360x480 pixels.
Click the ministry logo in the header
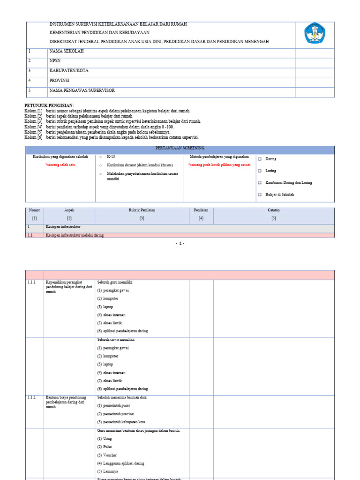coord(314,34)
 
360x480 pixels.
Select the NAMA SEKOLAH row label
coord(66,51)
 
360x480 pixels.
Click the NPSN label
coord(55,61)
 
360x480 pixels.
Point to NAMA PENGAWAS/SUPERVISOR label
coord(82,90)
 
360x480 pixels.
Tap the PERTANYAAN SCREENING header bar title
coord(180,149)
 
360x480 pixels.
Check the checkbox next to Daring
coord(260,159)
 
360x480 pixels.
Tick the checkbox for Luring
coord(260,171)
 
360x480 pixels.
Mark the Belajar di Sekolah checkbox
coord(260,195)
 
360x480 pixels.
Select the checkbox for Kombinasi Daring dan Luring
coord(260,183)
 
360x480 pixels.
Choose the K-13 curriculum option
coord(101,157)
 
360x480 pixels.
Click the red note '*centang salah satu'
coord(60,165)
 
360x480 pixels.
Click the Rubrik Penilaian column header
coord(142,210)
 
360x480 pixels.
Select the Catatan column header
coord(274,210)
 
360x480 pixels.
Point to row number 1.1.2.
coord(32,397)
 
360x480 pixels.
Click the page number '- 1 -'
coord(180,243)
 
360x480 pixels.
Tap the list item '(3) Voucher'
coord(107,455)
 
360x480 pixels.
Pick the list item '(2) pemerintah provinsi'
coord(116,414)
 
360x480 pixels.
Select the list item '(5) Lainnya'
coord(108,471)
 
